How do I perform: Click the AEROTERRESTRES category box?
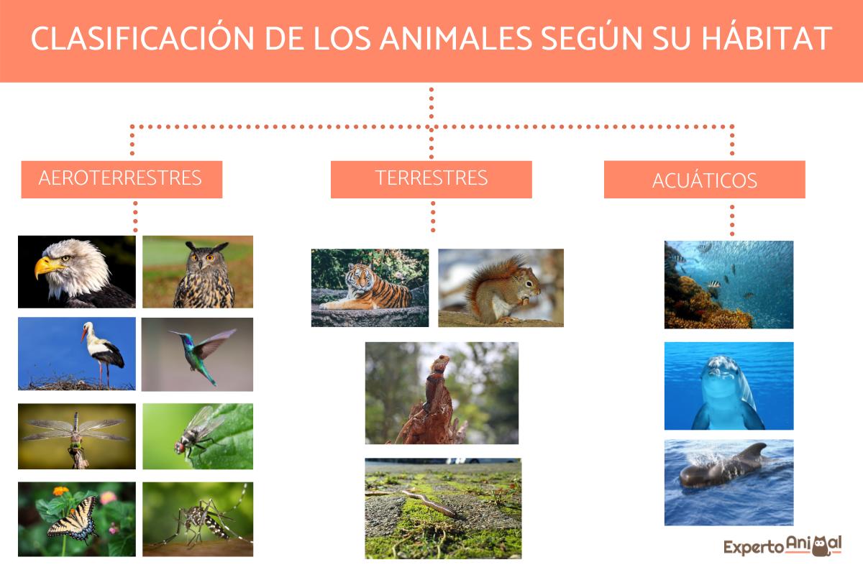pos(121,179)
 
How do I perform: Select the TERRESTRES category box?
pos(431,179)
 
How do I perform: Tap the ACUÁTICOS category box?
pos(704,180)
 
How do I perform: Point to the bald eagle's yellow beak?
pos(47,268)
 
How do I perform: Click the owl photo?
pos(198,272)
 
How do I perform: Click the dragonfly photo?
pos(76,436)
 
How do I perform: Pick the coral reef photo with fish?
pos(729,285)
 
